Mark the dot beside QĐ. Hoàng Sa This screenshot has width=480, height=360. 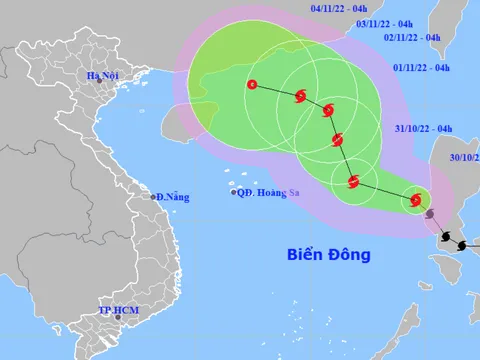234,193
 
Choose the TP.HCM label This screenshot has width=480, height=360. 118,311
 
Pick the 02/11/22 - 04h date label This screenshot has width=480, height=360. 412,37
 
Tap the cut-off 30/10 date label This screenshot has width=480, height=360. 464,157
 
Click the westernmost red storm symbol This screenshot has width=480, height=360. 251,86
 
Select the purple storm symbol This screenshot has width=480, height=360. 430,215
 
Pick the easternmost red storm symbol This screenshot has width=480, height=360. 415,202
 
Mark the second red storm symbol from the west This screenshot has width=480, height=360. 299,96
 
